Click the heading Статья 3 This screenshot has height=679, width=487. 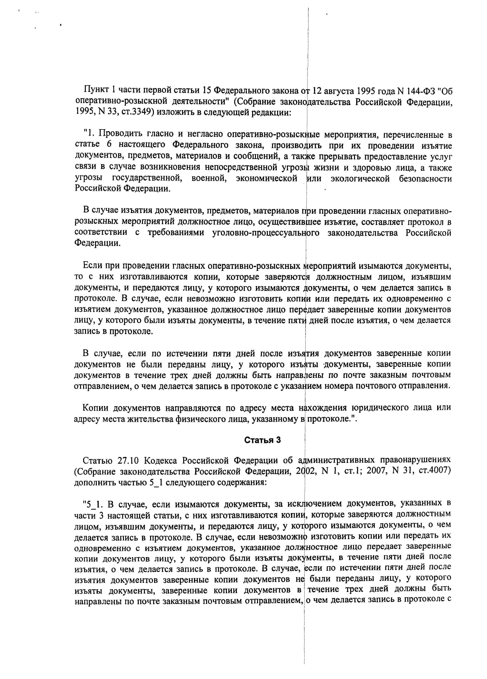[x=262, y=440]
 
